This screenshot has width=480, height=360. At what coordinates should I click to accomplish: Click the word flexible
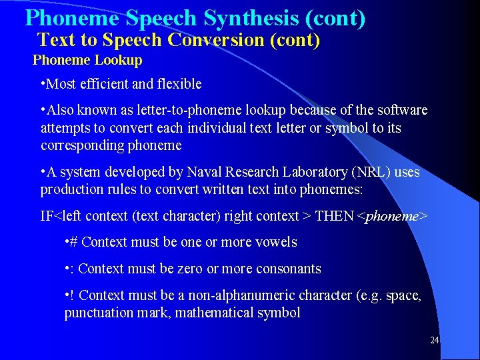(177, 84)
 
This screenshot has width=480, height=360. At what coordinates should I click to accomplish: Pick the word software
(401, 110)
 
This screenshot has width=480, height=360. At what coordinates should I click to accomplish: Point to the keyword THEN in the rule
(335, 216)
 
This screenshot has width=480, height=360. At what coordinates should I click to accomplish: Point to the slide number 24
(434, 341)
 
